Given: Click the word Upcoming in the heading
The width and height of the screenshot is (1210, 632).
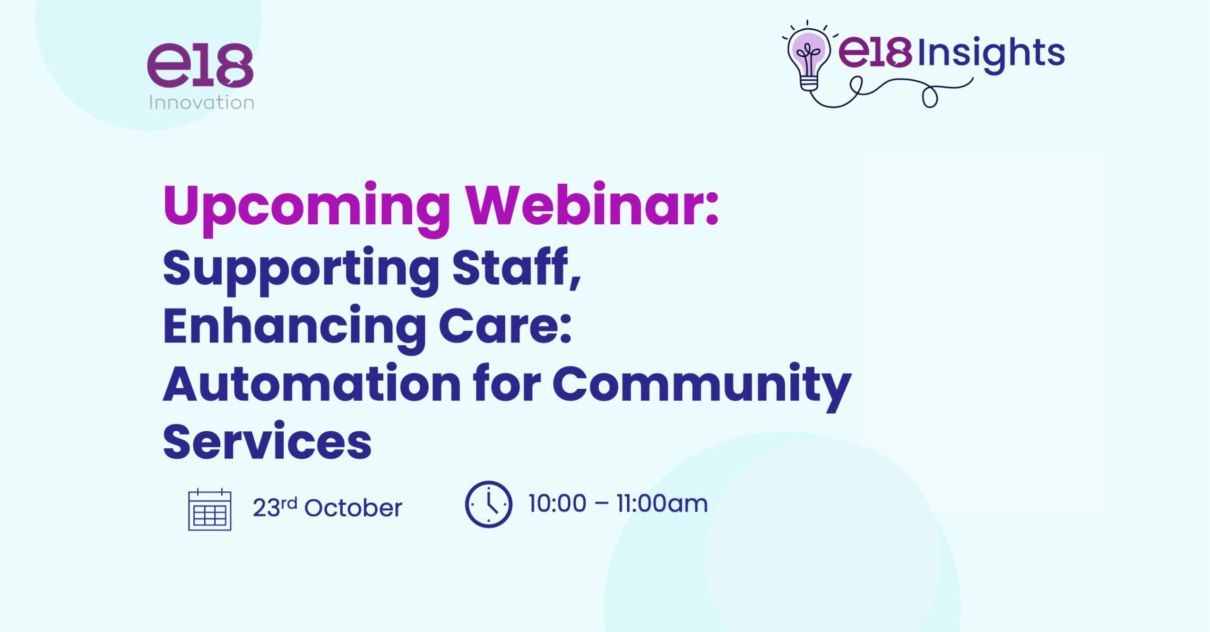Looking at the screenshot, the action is tap(306, 208).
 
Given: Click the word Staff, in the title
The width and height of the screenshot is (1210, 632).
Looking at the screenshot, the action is tap(516, 267).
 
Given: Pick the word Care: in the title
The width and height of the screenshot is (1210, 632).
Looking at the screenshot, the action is tap(505, 326).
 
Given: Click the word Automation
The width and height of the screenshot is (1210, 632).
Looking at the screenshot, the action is tap(312, 384).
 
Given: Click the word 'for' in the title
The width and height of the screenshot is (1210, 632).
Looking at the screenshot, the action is tap(507, 383).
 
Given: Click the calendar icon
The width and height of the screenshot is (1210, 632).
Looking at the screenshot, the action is tap(210, 510).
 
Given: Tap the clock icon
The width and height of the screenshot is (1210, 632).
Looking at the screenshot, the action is tap(488, 504).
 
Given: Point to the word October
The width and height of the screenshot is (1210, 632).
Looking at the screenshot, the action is tap(353, 508).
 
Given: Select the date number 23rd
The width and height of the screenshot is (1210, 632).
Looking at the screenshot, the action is tap(275, 507).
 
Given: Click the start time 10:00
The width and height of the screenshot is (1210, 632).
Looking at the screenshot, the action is tap(557, 504).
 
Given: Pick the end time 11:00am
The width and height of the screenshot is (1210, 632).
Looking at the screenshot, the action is tap(662, 504).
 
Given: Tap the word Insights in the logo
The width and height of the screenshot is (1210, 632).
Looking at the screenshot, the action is tap(991, 54).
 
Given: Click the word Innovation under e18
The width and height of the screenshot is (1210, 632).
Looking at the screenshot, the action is tap(201, 102).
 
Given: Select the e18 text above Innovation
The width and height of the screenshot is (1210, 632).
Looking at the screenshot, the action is tap(200, 65).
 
